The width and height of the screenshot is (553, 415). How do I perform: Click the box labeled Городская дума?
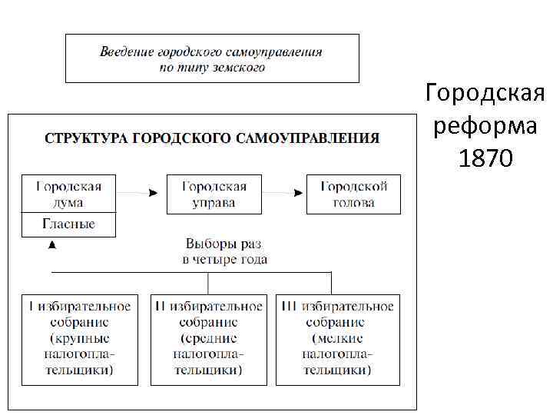coord(68,194)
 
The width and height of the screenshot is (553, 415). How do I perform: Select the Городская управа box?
coord(214,194)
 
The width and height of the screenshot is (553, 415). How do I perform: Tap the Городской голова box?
coord(353,194)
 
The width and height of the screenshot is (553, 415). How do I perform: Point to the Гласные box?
coord(68,224)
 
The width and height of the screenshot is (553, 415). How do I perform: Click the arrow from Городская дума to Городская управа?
coord(141,194)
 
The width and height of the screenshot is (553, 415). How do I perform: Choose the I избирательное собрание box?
coord(80,339)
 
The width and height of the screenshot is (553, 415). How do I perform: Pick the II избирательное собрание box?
coord(208,339)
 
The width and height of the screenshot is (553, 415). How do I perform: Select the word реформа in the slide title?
coord(485,126)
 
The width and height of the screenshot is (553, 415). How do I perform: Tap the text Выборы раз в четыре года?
coord(224,252)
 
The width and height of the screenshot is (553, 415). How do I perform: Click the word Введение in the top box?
coord(127,52)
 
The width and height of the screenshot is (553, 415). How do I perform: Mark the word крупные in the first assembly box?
coord(80,338)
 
